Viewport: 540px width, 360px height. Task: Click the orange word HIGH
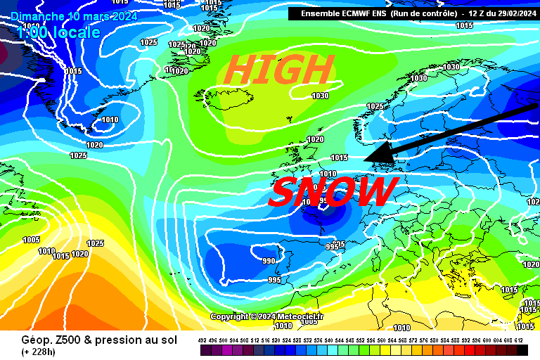(279, 70)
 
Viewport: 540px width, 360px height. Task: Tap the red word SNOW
(333, 192)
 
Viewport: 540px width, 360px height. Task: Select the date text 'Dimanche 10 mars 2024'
(74, 16)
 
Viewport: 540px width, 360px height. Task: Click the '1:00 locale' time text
(59, 32)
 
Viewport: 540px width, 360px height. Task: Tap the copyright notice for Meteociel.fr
(267, 316)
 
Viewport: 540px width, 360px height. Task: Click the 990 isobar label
(269, 261)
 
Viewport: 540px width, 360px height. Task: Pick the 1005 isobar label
(31, 240)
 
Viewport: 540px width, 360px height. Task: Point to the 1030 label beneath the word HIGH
(320, 96)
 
